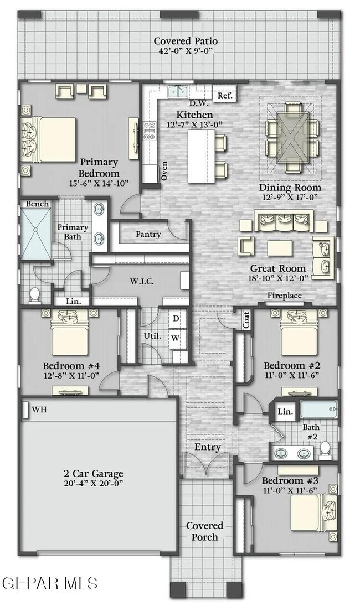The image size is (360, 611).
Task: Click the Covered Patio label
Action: (178, 42)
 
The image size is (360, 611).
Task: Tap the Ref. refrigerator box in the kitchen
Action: (225, 95)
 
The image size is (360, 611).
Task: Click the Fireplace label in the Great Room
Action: (285, 296)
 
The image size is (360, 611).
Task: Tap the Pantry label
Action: (148, 234)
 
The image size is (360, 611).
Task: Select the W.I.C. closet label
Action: (142, 281)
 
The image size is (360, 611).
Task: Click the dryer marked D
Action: (176, 319)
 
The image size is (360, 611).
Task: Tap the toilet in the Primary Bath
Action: (34, 296)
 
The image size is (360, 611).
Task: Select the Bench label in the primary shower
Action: (37, 204)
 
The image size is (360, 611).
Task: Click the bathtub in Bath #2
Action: (318, 411)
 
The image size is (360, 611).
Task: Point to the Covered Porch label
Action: (204, 531)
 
